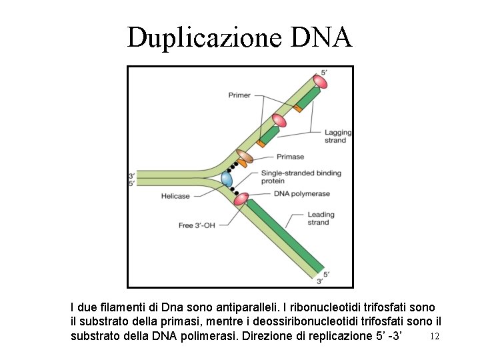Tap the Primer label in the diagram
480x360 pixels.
(x=239, y=95)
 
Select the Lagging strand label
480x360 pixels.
(x=335, y=136)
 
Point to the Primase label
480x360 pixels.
(x=289, y=157)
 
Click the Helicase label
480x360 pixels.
(x=175, y=196)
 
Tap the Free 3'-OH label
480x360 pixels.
(x=197, y=225)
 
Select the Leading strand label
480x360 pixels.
(x=321, y=219)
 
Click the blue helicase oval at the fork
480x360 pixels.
(x=227, y=179)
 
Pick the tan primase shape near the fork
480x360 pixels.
(x=245, y=157)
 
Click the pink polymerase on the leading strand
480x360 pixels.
(x=241, y=198)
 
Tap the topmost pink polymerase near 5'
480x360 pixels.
(x=320, y=81)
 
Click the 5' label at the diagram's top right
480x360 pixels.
(x=325, y=72)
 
